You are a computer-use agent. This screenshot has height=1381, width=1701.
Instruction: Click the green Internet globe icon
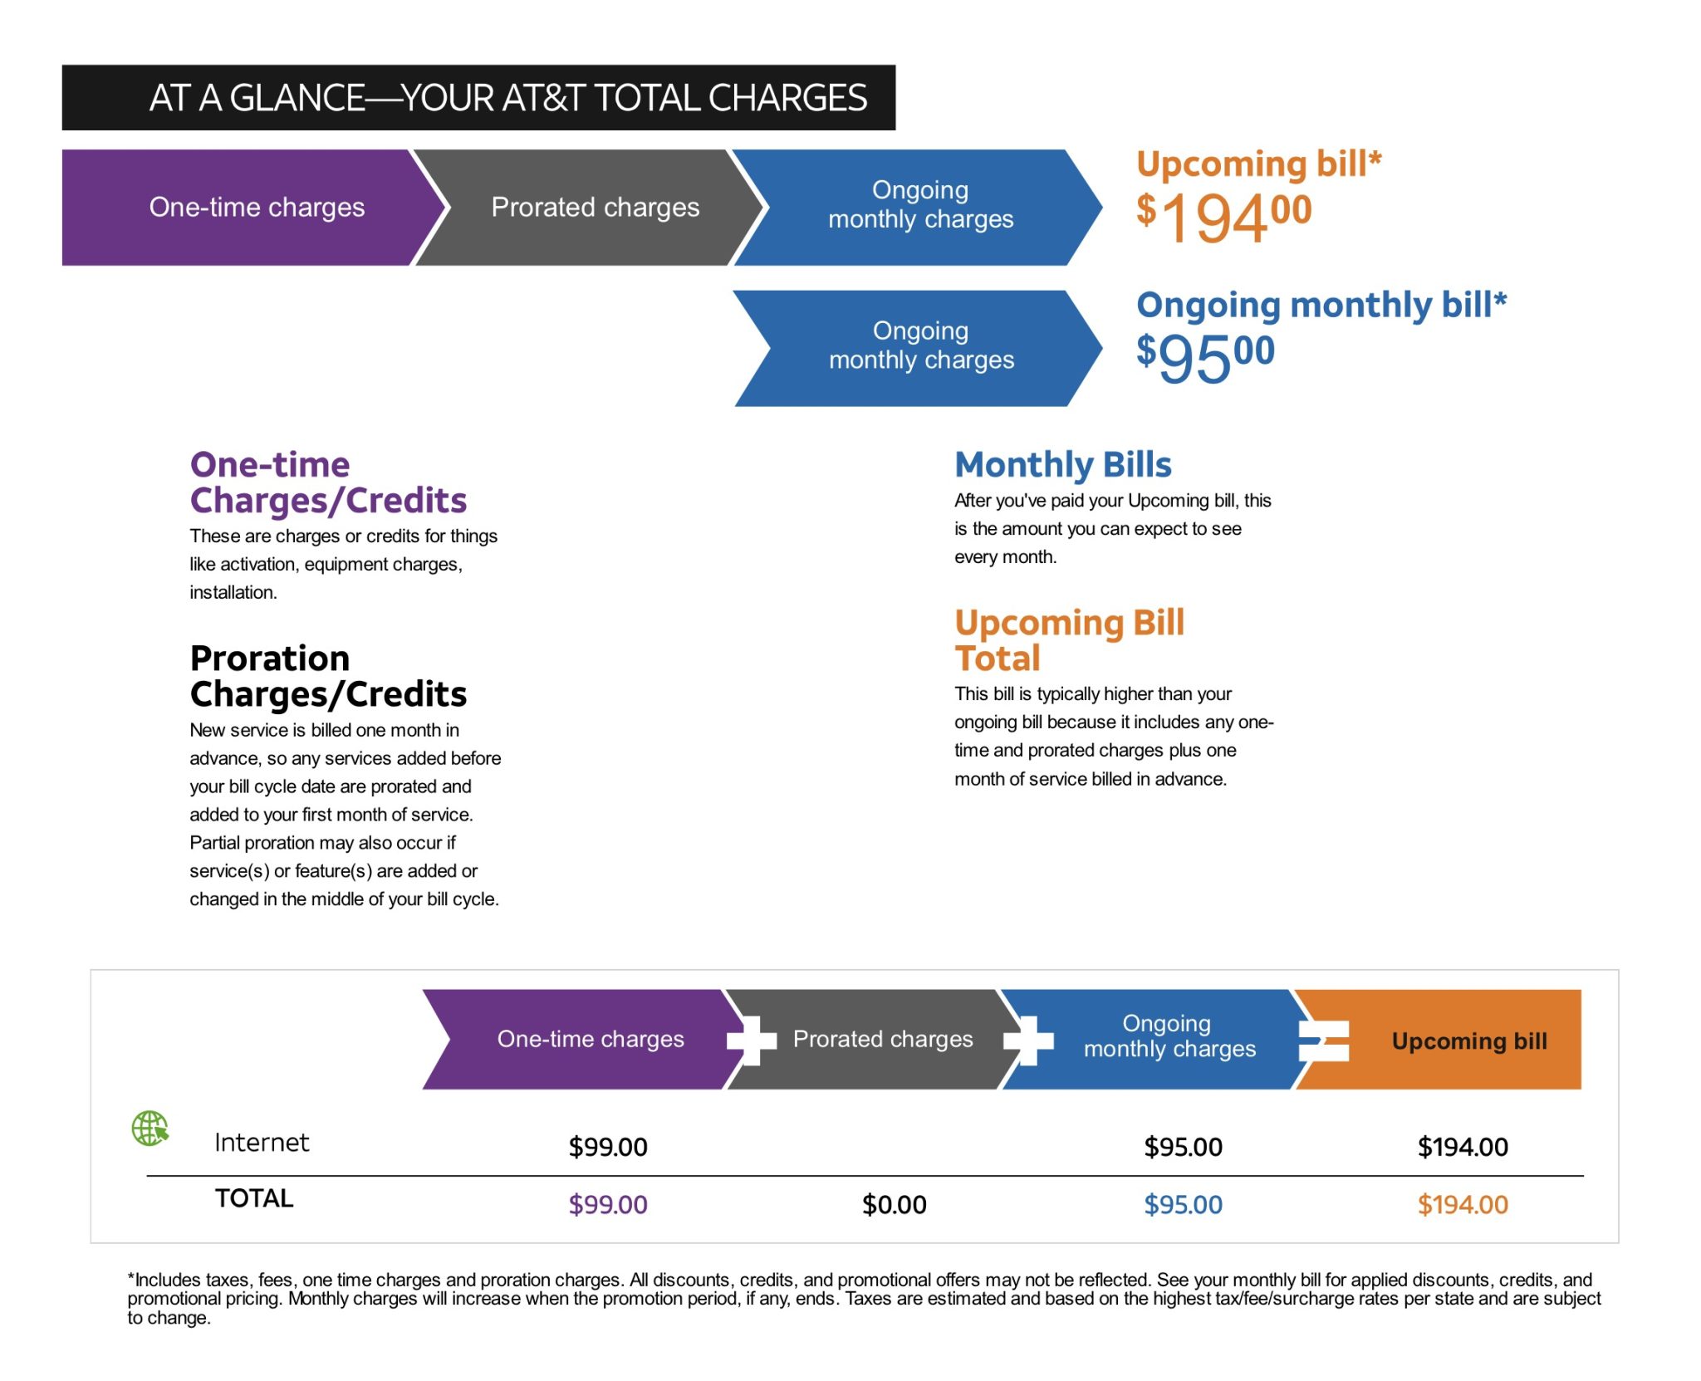tap(150, 1129)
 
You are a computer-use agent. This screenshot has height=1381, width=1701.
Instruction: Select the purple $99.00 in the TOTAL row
tap(607, 1204)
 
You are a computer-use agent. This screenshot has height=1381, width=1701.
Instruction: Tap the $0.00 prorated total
tap(894, 1204)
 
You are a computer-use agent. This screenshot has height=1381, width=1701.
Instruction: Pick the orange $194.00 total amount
tap(1462, 1204)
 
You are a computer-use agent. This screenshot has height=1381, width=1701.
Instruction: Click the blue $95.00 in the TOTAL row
tap(1183, 1204)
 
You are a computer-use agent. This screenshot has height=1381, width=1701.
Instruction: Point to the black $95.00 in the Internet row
tap(1183, 1147)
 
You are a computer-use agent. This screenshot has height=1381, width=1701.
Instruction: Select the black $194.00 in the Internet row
tap(1462, 1147)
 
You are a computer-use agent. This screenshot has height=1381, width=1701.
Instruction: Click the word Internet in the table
tap(262, 1143)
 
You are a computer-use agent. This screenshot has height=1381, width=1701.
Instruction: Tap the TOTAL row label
tap(254, 1198)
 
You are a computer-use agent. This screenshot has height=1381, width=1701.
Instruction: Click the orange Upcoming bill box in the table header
tap(1468, 1041)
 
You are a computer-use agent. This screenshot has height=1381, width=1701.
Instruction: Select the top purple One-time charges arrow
tap(249, 208)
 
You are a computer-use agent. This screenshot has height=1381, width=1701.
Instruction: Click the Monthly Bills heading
tap(1062, 465)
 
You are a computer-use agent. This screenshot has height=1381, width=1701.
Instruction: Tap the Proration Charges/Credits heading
tap(328, 676)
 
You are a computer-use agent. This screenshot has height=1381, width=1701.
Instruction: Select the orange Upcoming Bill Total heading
tap(1069, 640)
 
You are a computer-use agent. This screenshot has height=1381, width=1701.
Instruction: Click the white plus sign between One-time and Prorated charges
tap(752, 1040)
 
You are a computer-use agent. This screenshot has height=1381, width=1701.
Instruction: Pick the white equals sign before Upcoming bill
tap(1324, 1041)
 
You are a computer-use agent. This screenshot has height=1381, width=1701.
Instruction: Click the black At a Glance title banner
tap(478, 98)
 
